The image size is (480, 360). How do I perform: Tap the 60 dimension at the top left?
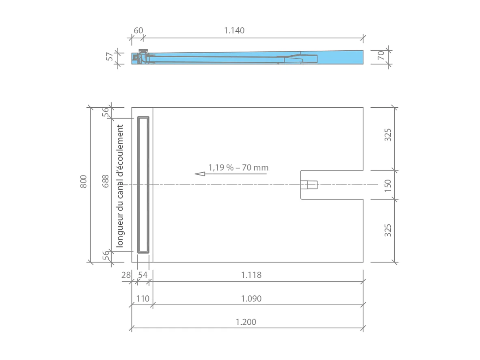tap(138, 30)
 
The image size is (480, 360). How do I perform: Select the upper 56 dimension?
tap(106, 113)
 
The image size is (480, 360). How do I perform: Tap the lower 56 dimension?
tap(106, 256)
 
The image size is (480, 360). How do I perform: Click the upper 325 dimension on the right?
tap(388, 134)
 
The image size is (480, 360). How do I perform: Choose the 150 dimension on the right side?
tap(388, 185)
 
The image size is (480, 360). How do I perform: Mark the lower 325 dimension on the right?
tap(388, 230)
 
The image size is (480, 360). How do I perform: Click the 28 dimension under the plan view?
tap(126, 275)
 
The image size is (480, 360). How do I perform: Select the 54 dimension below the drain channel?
tap(143, 275)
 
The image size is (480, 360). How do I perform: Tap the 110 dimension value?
tap(143, 299)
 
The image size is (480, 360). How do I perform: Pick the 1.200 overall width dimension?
tap(246, 322)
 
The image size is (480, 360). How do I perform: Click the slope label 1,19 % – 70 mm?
tap(238, 167)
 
